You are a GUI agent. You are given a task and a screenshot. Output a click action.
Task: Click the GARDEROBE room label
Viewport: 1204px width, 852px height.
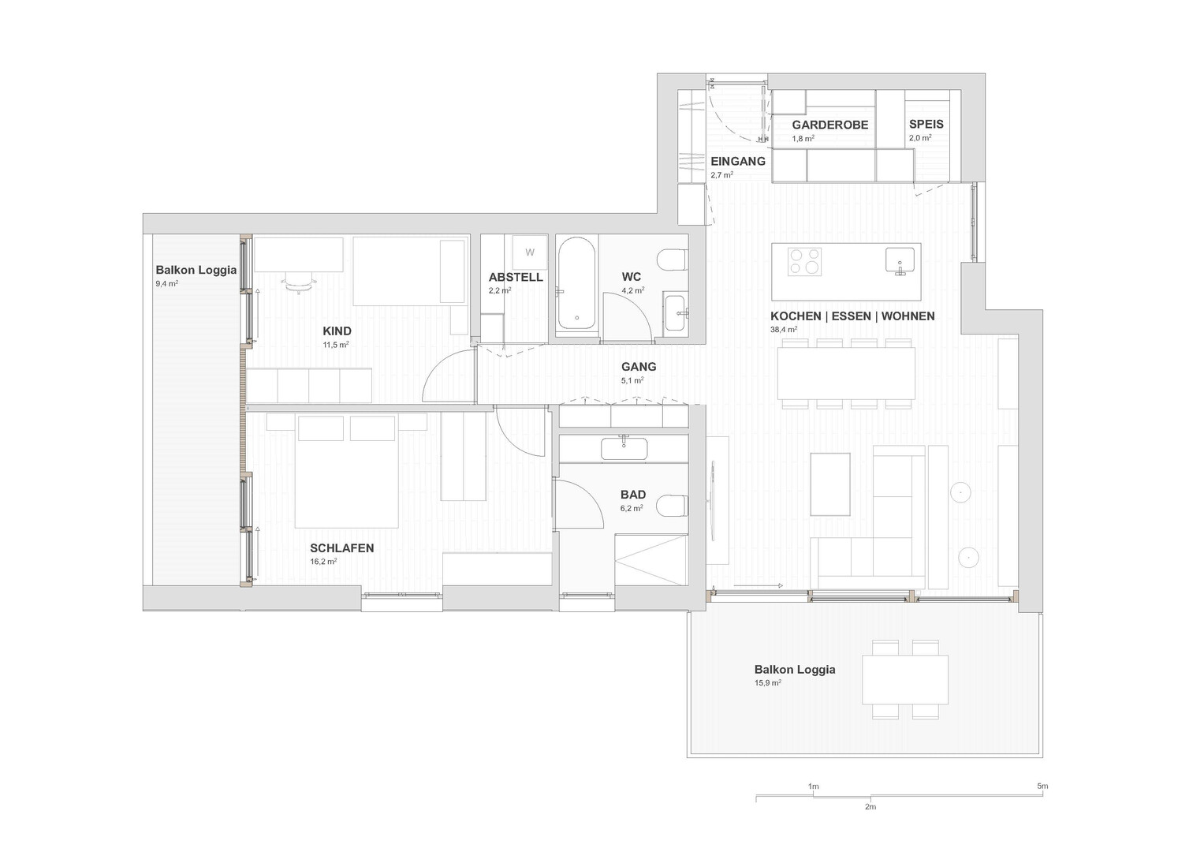pyautogui.click(x=830, y=125)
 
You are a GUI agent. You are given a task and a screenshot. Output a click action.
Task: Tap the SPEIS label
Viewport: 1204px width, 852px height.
pyautogui.click(x=926, y=125)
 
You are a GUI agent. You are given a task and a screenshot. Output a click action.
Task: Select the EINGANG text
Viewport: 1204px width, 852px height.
pyautogui.click(x=738, y=162)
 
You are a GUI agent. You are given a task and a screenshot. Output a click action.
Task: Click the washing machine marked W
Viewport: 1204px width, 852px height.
pyautogui.click(x=529, y=252)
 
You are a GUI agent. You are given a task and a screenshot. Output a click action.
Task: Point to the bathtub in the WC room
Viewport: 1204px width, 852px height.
pyautogui.click(x=576, y=283)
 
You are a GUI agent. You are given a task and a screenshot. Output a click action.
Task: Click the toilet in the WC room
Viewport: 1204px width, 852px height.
pyautogui.click(x=673, y=261)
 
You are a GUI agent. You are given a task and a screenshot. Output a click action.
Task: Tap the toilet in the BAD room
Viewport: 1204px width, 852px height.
pyautogui.click(x=673, y=506)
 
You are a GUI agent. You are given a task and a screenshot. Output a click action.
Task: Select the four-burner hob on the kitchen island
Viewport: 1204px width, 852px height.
pyautogui.click(x=804, y=261)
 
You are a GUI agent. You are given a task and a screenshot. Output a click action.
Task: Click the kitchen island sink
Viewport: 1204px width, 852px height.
pyautogui.click(x=900, y=260)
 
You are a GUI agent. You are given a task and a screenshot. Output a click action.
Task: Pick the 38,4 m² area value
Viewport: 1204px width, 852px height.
pyautogui.click(x=784, y=330)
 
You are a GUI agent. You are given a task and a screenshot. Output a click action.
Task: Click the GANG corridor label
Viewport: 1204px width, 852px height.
pyautogui.click(x=639, y=367)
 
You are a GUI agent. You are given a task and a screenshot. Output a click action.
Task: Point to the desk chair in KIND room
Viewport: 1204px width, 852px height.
pyautogui.click(x=298, y=282)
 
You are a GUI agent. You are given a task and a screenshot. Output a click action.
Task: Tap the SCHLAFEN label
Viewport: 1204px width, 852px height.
pyautogui.click(x=342, y=548)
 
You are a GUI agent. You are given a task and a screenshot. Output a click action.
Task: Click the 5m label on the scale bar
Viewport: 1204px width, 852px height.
pyautogui.click(x=1042, y=786)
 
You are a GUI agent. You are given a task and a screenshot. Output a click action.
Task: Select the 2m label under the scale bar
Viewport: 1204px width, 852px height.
pyautogui.click(x=870, y=807)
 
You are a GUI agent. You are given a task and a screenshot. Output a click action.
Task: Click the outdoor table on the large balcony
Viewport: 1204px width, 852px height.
pyautogui.click(x=905, y=679)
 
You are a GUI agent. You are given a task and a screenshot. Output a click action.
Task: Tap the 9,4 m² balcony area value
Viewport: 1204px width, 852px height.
pyautogui.click(x=167, y=283)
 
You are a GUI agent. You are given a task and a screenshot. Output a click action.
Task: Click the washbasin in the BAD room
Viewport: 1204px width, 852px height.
pyautogui.click(x=624, y=449)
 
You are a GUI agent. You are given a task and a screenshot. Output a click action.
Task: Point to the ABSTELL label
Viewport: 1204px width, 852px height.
pyautogui.click(x=516, y=278)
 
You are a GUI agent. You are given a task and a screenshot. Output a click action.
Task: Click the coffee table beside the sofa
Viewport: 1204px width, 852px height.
pyautogui.click(x=830, y=484)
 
